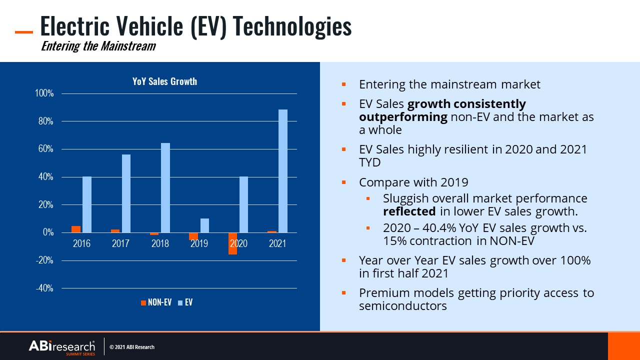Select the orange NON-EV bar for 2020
(x=232, y=243)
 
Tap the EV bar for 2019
(x=204, y=225)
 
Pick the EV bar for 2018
(x=165, y=188)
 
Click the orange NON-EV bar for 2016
(x=76, y=229)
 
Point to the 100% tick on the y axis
(x=43, y=93)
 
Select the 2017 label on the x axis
(x=120, y=243)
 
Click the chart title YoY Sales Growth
(x=164, y=81)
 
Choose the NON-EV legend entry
(x=156, y=302)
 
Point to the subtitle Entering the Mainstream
(x=98, y=46)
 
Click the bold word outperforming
(x=403, y=117)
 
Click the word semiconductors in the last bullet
(x=402, y=306)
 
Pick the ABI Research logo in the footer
(x=61, y=346)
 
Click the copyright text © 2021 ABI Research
(x=132, y=347)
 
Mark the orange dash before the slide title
(x=24, y=32)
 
